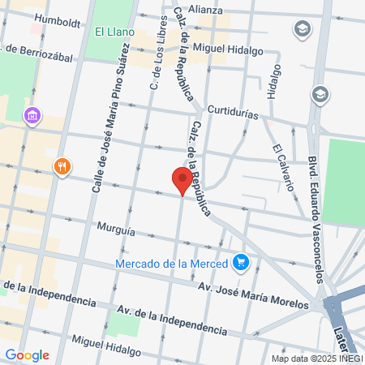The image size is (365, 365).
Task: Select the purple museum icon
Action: pyautogui.click(x=32, y=117)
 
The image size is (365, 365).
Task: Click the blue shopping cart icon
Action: pyautogui.click(x=240, y=262)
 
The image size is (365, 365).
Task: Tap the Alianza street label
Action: pyautogui.click(x=206, y=9)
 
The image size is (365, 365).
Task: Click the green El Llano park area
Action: pyautogui.click(x=101, y=49)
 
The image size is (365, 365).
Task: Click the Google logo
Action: pyautogui.click(x=27, y=355)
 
